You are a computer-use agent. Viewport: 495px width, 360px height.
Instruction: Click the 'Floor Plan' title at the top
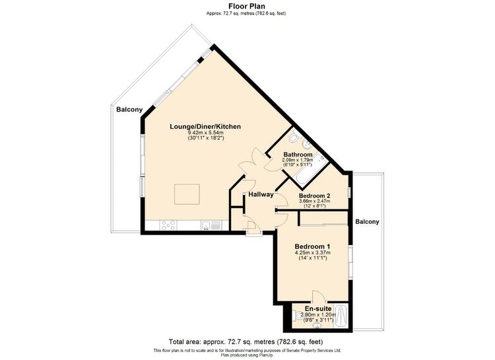247,6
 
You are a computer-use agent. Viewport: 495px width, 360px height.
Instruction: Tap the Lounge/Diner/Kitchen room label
205,126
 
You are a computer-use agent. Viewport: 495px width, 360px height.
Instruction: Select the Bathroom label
298,155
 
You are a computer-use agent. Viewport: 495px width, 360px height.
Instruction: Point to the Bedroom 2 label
314,196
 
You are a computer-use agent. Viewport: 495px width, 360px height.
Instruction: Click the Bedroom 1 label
313,246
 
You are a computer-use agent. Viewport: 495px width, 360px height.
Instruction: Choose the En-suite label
318,308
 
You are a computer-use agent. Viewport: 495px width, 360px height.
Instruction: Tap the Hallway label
261,195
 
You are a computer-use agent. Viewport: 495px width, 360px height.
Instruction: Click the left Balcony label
129,110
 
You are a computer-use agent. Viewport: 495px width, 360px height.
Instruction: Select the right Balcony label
367,222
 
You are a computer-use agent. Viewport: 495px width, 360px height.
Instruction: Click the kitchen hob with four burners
168,225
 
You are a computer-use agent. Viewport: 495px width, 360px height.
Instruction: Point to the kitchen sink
211,225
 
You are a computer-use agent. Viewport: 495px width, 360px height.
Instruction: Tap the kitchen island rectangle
187,194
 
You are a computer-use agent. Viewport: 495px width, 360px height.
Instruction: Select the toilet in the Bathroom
294,138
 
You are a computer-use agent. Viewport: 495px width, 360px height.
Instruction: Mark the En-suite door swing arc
319,295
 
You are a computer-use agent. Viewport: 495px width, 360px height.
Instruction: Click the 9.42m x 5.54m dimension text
205,133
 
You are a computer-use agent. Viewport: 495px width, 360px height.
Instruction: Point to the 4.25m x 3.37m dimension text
313,252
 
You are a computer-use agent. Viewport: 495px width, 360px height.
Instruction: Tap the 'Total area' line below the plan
246,342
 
